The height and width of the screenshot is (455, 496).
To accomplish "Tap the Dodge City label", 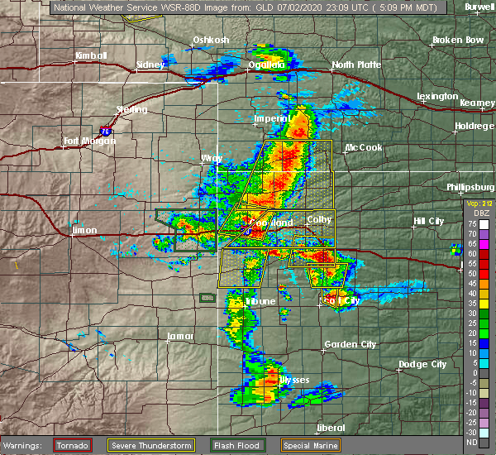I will click(422, 364).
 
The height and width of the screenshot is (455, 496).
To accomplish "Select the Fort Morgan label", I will click(89, 141).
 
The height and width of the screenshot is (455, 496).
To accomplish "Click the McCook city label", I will click(364, 147).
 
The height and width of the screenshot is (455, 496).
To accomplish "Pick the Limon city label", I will click(84, 230).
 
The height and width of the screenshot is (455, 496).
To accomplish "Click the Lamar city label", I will click(179, 336).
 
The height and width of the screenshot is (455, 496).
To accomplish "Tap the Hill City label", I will click(429, 221).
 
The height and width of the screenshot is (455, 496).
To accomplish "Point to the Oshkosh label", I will click(211, 40).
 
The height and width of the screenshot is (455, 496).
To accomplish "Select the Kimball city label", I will click(92, 55).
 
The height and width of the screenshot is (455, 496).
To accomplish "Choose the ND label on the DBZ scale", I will click(470, 443).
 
